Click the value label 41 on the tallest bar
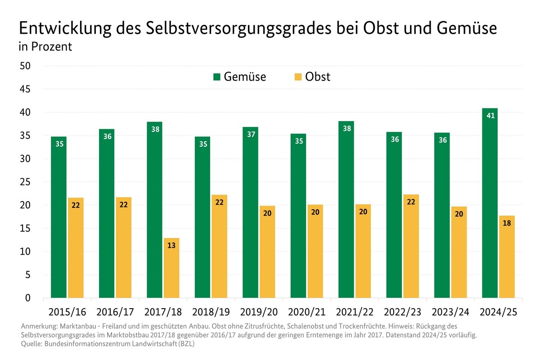click(x=490, y=116)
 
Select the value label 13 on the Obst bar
click(x=171, y=245)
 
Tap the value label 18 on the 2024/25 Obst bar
click(x=507, y=223)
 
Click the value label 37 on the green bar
click(x=250, y=134)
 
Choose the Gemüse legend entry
click(x=240, y=77)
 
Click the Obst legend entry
click(x=312, y=77)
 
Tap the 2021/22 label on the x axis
click(x=355, y=312)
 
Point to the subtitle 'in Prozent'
click(x=45, y=47)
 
